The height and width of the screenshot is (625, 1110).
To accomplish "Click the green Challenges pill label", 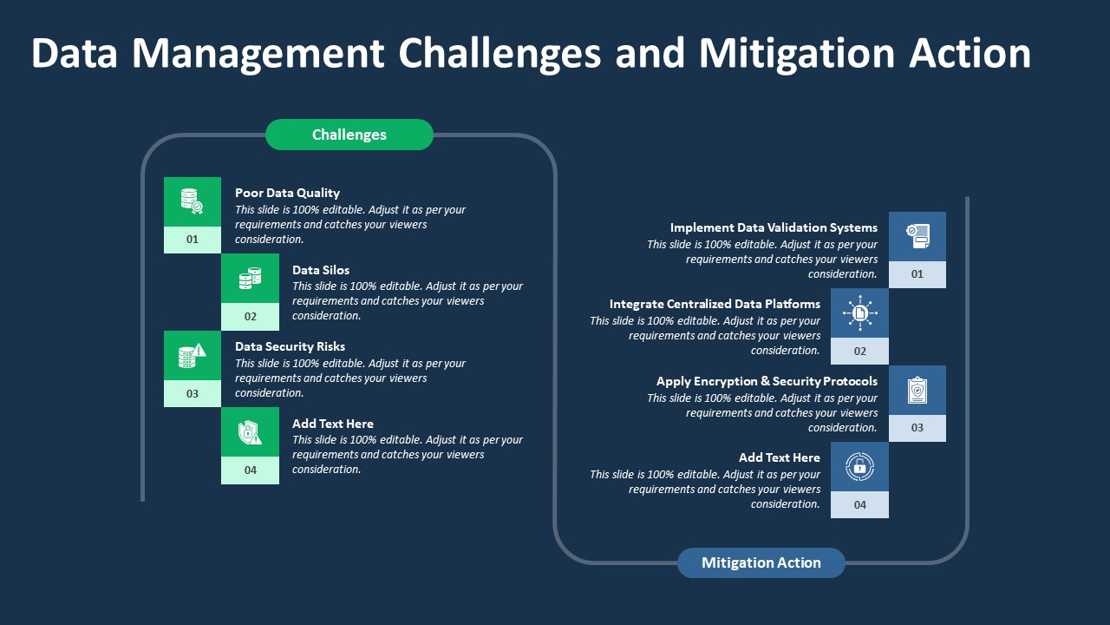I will (349, 135).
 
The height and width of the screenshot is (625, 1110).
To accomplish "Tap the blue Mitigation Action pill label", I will (761, 562).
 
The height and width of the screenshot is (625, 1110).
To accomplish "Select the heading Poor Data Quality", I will (287, 193).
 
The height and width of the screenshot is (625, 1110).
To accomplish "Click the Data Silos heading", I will (321, 270).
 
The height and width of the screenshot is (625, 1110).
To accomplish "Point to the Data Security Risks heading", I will (290, 346).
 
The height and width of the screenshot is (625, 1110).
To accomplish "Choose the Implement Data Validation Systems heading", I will (774, 227).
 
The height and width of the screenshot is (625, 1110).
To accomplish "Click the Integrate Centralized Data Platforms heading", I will (715, 304).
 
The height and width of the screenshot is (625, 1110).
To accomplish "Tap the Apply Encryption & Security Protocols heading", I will (767, 381).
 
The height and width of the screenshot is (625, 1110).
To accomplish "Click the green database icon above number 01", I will (193, 201).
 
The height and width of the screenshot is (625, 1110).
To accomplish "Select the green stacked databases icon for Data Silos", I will (250, 279).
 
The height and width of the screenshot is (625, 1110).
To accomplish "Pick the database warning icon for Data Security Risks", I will (193, 355).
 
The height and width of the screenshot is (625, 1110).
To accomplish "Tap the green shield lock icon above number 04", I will (250, 432).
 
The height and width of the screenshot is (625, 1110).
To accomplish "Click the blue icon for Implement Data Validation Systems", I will (917, 236).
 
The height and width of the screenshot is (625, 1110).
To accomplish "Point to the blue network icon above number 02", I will (859, 312).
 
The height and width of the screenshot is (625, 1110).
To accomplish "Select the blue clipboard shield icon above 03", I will (917, 390).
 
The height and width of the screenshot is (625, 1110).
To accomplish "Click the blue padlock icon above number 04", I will (859, 466).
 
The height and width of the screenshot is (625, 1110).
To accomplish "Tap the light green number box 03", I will (193, 393).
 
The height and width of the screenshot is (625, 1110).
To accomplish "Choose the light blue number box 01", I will (917, 274).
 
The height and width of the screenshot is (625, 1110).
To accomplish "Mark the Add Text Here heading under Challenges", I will (333, 424).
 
